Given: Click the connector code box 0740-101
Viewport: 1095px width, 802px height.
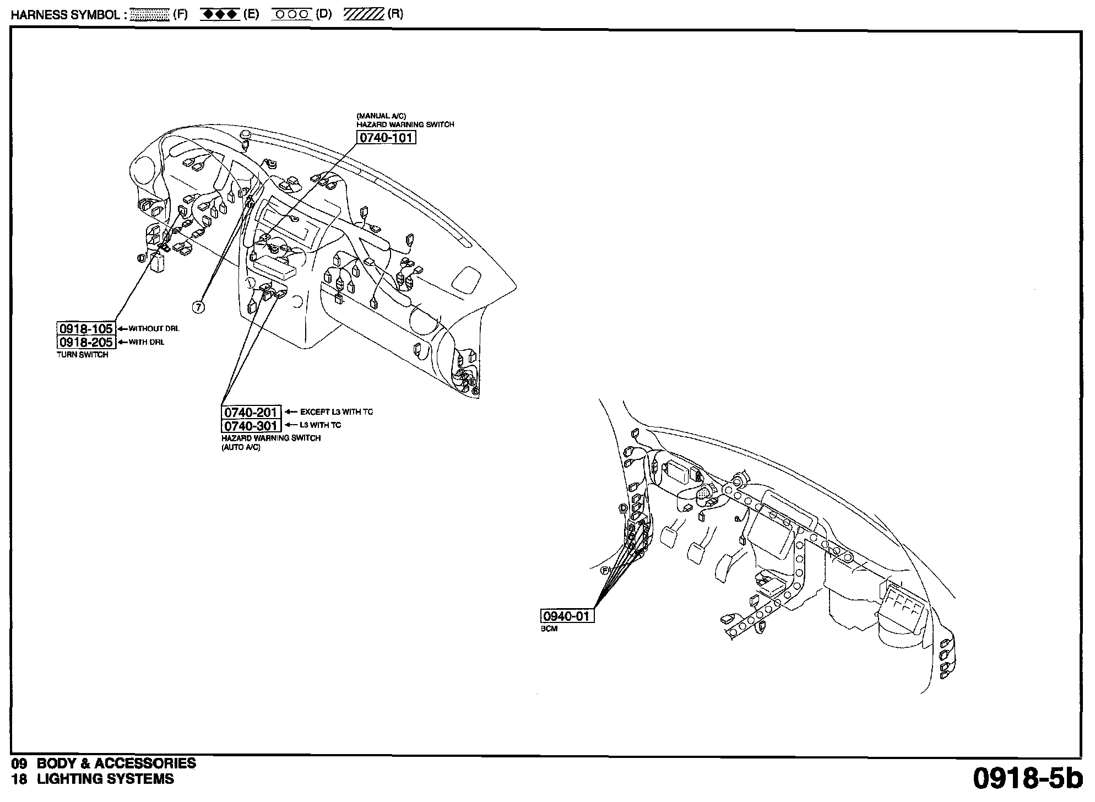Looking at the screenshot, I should pos(386,137).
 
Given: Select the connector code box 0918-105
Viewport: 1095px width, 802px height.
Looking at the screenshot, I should pos(86,328).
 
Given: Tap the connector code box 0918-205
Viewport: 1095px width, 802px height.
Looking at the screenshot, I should pos(86,342).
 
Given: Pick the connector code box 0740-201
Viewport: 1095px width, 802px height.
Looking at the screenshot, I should pos(251,412).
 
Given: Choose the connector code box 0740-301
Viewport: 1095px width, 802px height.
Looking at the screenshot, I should pos(251,426).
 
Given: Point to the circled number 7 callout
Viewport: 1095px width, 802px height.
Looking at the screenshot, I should pos(199,307).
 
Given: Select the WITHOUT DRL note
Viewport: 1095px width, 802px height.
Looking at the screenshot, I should pos(154,329).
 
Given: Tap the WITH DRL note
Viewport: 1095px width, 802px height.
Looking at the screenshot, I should pos(147,342).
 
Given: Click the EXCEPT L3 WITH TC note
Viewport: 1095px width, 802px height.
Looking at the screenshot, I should pos(337,412).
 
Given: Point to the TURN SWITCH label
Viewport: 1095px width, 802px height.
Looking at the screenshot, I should pos(83,355).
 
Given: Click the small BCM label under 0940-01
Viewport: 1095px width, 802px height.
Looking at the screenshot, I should pos(549,628).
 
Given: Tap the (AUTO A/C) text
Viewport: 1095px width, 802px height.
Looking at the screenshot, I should pos(241,447).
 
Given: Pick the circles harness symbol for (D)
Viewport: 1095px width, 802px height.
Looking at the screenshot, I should pos(292,14).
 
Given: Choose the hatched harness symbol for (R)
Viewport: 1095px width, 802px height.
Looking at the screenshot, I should pos(364,14).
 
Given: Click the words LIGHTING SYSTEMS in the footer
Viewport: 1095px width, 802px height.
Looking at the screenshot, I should pos(105,779).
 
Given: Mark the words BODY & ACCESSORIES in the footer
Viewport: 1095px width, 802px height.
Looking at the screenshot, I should pos(116,763).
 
